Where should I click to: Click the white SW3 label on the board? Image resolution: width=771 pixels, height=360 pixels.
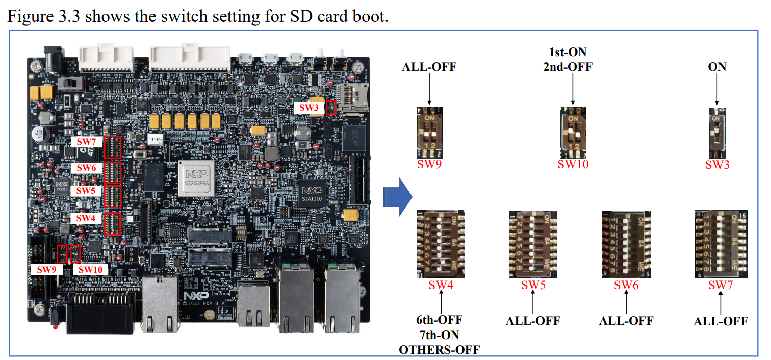point(309,108)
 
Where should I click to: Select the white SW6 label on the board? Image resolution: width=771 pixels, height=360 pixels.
point(86,167)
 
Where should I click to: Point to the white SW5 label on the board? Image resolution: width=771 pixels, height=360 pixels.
point(86,190)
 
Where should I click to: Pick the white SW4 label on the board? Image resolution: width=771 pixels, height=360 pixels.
point(86,218)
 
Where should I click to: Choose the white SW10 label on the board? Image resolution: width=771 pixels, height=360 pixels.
point(91,269)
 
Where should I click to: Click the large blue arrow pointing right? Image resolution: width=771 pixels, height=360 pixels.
point(397,196)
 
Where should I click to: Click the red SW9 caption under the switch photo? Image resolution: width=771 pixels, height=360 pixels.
point(428,164)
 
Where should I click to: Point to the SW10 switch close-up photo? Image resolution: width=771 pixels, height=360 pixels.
point(573,132)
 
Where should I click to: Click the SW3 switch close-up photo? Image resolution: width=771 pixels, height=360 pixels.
point(717,132)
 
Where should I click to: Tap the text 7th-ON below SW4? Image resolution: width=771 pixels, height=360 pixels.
point(439,335)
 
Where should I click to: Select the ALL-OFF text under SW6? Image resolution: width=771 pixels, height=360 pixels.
point(626,321)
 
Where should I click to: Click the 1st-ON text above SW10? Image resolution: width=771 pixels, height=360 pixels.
point(567,52)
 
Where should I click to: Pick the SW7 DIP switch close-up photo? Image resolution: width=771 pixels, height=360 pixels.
point(721,244)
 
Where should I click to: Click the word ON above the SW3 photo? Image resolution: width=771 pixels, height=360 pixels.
point(717,67)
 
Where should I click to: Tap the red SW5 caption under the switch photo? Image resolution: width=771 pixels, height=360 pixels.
point(533,285)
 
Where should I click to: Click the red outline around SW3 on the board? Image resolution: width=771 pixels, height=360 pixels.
point(331,108)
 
